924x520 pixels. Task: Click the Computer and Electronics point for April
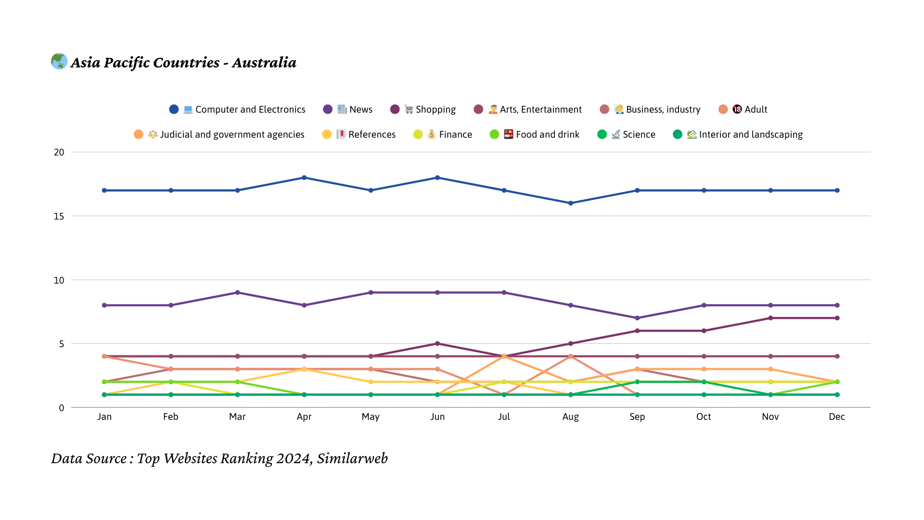pos(304,178)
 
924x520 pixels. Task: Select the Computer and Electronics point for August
pos(571,203)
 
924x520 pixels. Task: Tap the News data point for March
pos(237,293)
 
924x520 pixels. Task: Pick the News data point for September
pos(637,318)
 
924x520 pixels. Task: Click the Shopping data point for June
pos(437,344)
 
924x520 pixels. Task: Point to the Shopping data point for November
pos(770,318)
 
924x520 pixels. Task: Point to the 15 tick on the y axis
pos(59,216)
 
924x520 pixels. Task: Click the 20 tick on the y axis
pos(59,152)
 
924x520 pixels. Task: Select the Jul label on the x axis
pos(504,416)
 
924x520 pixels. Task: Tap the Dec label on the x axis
pos(837,416)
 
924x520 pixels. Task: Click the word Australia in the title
pos(264,63)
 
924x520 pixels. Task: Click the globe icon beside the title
pos(59,61)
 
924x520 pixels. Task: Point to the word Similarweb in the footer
pos(352,458)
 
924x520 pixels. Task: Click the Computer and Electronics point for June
pos(437,178)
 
